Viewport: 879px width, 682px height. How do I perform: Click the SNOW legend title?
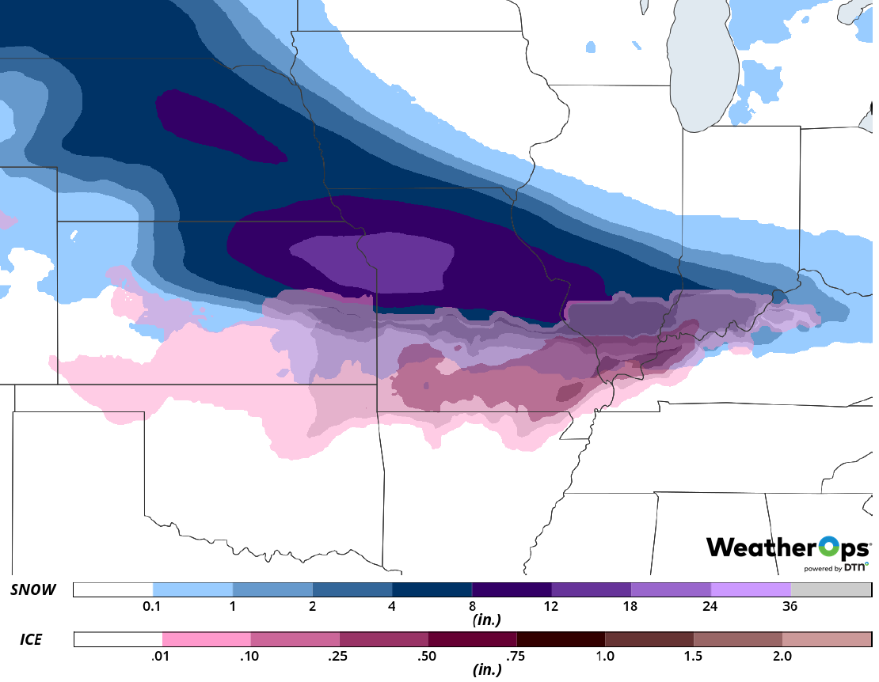(33, 590)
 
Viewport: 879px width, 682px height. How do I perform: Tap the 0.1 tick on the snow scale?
(154, 607)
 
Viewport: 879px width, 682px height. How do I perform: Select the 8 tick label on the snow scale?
(472, 607)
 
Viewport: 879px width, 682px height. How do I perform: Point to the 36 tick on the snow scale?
(790, 607)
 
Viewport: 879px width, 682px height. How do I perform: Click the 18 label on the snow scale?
(631, 607)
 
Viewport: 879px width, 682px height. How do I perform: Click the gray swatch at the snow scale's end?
(831, 590)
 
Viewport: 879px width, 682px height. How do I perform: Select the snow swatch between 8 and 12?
(512, 590)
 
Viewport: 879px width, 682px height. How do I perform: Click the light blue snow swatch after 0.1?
(193, 590)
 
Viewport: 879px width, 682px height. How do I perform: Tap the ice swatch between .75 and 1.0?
(561, 638)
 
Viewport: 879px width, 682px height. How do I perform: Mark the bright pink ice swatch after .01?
(207, 638)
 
